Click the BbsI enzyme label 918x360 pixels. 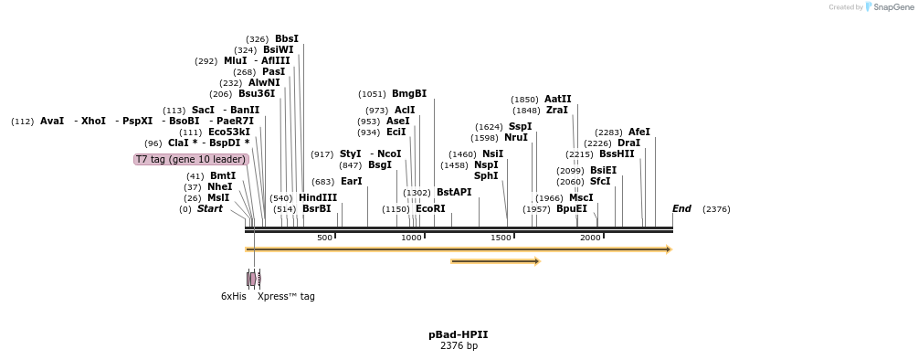286,39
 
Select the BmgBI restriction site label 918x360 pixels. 408,94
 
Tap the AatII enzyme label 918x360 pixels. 557,100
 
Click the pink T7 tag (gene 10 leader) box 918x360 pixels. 191,159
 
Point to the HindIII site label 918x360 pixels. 317,197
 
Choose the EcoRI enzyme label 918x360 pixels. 430,209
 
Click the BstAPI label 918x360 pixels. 454,193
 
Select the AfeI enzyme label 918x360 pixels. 638,132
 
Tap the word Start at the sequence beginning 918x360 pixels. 209,209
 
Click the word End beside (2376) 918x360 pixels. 681,209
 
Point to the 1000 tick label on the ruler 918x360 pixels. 411,238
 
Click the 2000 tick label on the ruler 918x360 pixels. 590,238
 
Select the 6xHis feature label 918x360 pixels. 233,296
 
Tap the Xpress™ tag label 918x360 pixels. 286,296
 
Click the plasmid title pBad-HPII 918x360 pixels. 459,335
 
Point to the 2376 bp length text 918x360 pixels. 459,346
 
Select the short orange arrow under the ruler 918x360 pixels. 495,261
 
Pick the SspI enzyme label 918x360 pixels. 520,127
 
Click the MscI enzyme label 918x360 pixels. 581,197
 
